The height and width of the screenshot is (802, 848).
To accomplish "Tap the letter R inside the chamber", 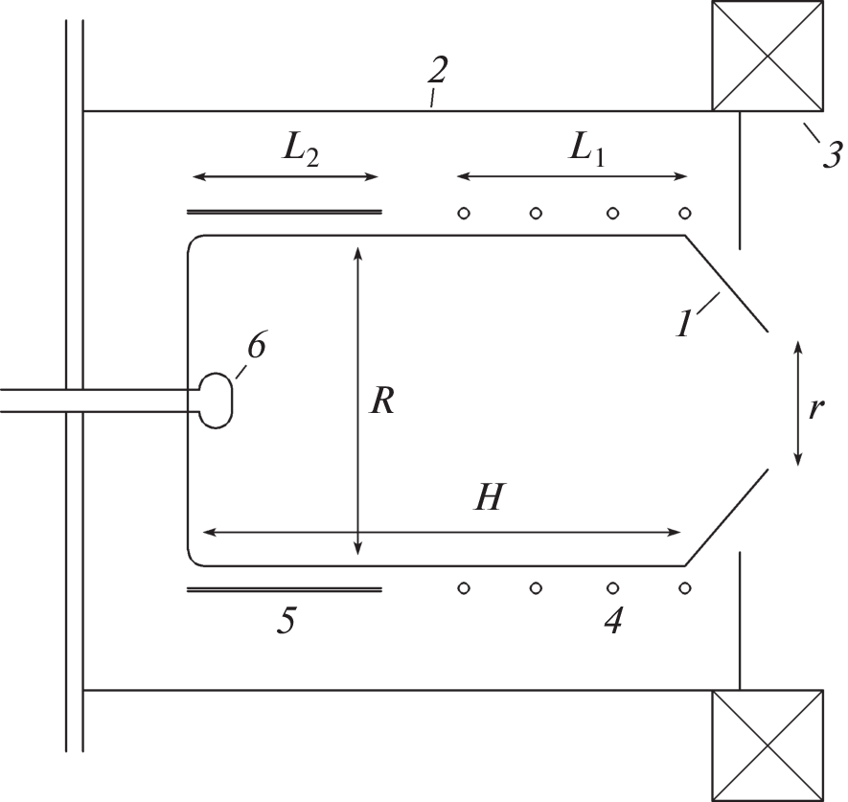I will (383, 401).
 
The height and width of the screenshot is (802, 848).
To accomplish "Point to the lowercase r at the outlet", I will (816, 409).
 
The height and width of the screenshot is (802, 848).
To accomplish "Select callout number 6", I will (257, 347).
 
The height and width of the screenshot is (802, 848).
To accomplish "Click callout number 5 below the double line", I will (286, 621).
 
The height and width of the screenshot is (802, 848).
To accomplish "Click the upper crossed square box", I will (767, 56).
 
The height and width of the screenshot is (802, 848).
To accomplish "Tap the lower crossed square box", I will (767, 745).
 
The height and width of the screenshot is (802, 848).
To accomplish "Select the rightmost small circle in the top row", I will (684, 213).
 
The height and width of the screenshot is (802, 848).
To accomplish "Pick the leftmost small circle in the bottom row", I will (463, 586).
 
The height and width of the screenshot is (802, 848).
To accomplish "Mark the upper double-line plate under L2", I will (284, 211).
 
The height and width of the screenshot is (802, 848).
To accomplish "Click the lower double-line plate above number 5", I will (284, 588).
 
